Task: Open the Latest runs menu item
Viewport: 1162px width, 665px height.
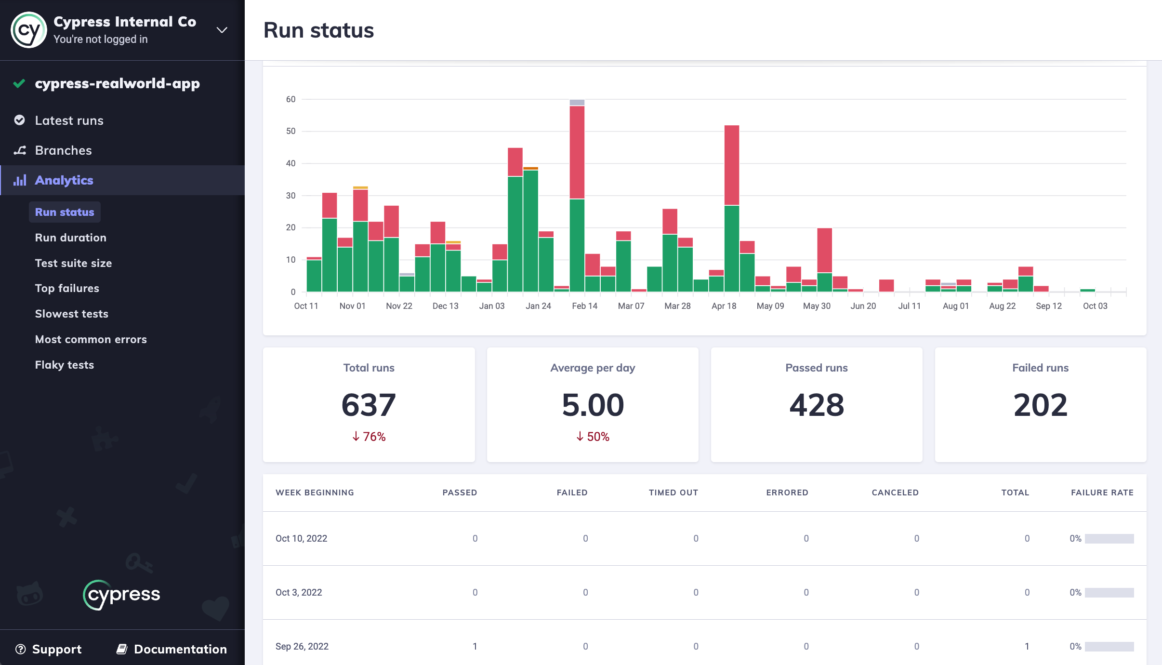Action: click(x=69, y=120)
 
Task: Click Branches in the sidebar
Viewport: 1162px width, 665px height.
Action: click(x=63, y=150)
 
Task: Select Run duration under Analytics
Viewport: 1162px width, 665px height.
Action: click(x=71, y=238)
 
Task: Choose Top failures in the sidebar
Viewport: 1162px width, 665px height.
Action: click(x=67, y=288)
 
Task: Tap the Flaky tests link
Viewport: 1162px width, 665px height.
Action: click(x=65, y=365)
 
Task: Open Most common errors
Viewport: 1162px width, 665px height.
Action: click(x=91, y=339)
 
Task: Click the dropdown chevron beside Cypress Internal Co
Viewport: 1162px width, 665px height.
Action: click(x=222, y=30)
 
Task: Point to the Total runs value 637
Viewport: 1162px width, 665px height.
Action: click(x=369, y=405)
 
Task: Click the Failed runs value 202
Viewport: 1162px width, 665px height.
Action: click(x=1041, y=405)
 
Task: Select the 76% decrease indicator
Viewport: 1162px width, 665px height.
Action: click(x=369, y=437)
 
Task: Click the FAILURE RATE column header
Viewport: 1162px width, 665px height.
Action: click(x=1102, y=492)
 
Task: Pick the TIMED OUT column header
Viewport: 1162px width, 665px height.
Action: click(x=673, y=492)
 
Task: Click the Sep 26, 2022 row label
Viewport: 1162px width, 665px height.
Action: click(x=302, y=646)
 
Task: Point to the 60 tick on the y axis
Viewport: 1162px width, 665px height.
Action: click(x=290, y=99)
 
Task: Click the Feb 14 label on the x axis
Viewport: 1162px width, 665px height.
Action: click(x=584, y=306)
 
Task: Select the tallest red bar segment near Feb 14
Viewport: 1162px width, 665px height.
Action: click(x=577, y=152)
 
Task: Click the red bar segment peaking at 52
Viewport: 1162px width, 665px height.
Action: click(x=732, y=165)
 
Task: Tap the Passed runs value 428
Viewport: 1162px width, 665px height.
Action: click(x=817, y=405)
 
